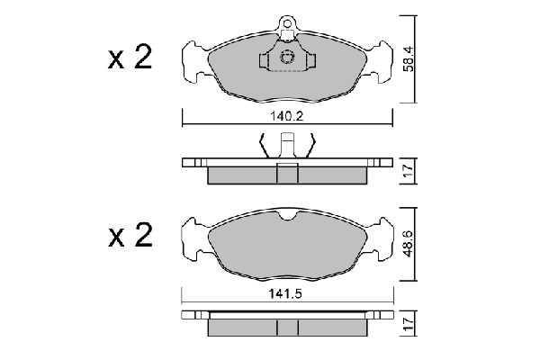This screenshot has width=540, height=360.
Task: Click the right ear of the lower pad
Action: pos(380,238)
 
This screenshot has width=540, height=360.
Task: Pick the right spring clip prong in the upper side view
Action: pos(311,144)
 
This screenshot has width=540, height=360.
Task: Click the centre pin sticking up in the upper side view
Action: pos(288,145)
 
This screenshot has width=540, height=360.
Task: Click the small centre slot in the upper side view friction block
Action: pos(288,175)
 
